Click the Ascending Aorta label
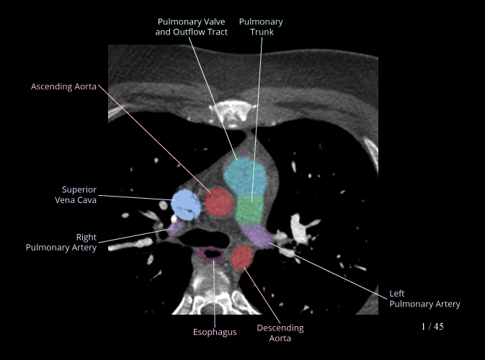(x=63, y=86)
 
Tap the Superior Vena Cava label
(x=79, y=195)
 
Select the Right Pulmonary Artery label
(x=61, y=242)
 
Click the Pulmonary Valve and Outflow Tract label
(x=191, y=27)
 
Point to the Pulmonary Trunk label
(x=261, y=27)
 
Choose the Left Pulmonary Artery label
(x=424, y=299)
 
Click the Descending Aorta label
(x=280, y=333)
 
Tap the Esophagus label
(x=215, y=332)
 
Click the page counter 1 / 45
(x=432, y=327)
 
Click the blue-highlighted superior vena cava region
(x=186, y=204)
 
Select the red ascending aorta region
(x=218, y=202)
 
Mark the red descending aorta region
(x=243, y=256)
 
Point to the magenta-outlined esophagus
(x=210, y=253)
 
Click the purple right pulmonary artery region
(x=172, y=227)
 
